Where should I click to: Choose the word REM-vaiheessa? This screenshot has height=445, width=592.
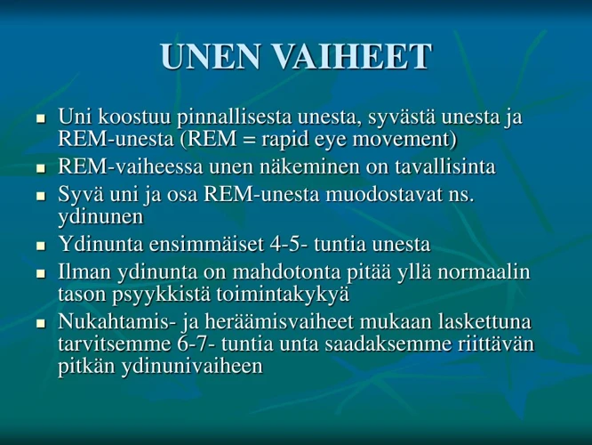click(130, 167)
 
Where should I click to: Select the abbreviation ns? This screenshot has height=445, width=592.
click(461, 194)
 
